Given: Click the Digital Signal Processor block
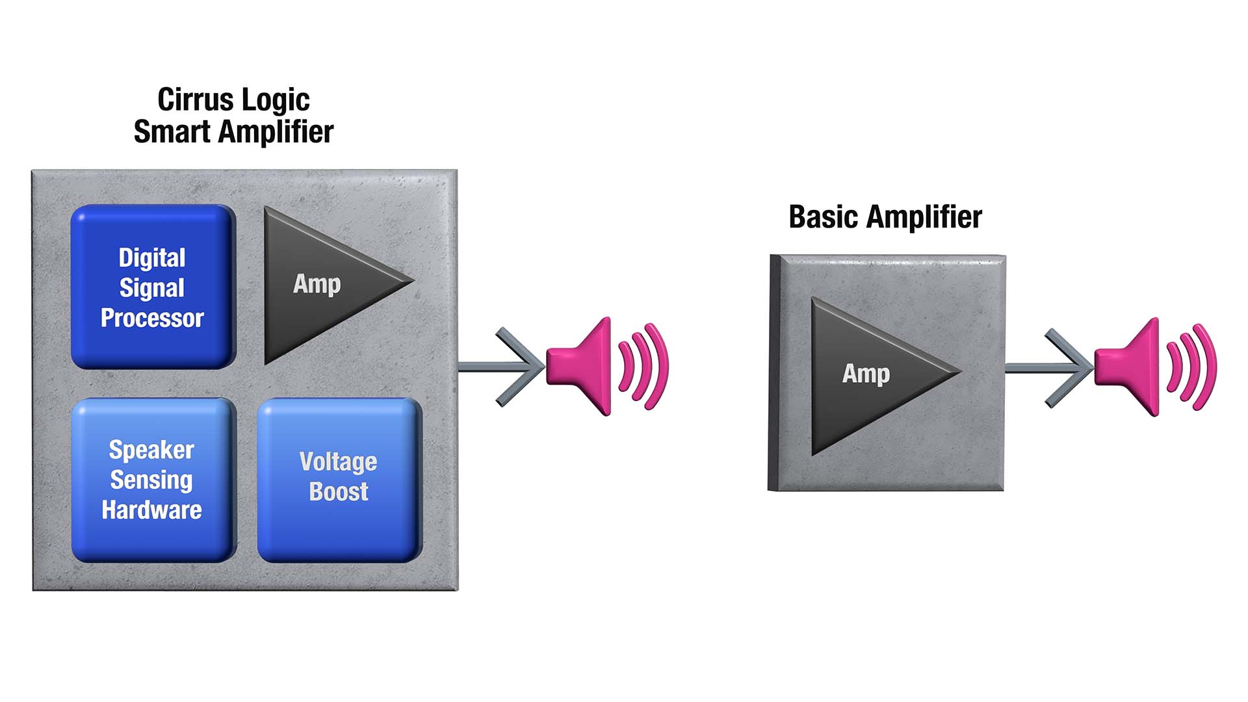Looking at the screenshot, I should point(153,287).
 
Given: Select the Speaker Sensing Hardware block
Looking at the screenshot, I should point(153,480).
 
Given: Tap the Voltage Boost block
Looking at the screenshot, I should point(339,480).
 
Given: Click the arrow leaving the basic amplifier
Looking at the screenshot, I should point(1053,369).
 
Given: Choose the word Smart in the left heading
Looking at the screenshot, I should point(172,132).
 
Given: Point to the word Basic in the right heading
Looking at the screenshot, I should point(823,217).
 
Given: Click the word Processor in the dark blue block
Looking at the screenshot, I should point(152,318).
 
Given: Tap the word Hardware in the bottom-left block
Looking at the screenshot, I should point(151,510).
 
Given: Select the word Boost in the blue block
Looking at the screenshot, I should point(339,491).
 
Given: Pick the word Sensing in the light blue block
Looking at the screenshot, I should point(151,480).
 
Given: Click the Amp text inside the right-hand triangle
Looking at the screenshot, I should point(866,374).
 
